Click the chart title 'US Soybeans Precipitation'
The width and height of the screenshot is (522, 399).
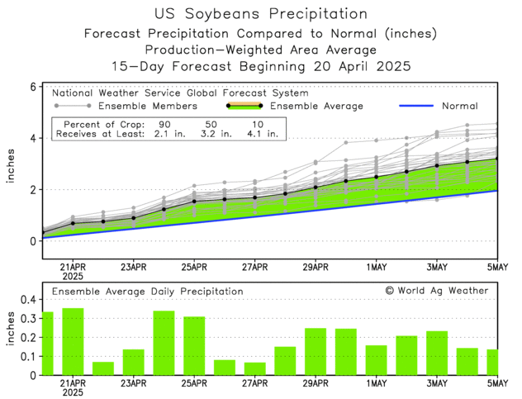coord(261,14)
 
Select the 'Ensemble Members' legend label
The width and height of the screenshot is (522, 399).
coord(147,106)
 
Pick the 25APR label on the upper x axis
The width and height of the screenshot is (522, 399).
coord(193,267)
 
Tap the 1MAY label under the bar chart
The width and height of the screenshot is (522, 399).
coord(376,384)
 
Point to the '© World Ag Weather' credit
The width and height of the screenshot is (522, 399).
coord(436,291)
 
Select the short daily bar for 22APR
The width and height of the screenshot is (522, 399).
coord(103,368)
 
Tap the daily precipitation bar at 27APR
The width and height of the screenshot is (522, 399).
coord(254,368)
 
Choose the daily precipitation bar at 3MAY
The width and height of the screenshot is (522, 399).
coord(437,353)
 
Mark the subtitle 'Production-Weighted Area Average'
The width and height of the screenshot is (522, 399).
coord(261,50)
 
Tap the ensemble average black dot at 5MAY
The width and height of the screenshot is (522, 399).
coord(496,159)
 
